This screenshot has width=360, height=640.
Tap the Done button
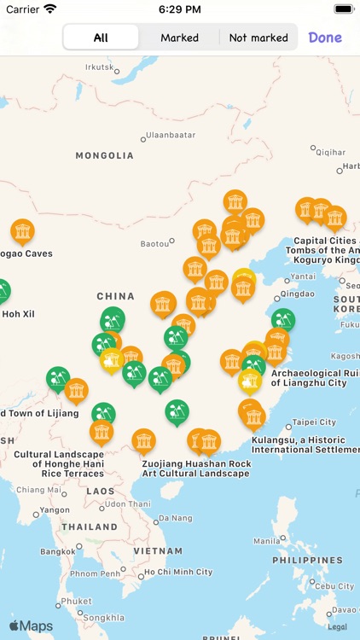coord(325,38)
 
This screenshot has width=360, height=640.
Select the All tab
coord(101,38)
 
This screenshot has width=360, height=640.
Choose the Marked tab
coord(179,38)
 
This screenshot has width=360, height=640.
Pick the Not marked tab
coord(258,38)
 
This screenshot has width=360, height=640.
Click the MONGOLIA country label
coord(105,155)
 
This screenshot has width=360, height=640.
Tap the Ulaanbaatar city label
coord(170,135)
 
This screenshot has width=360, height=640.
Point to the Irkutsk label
coord(99,67)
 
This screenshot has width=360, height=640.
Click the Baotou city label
coord(154,243)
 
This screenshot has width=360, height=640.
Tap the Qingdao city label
coord(297,293)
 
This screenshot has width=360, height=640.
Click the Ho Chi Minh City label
coord(177,572)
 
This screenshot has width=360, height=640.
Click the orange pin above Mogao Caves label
coord(23,231)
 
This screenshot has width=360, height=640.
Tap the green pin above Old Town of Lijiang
coord(58,378)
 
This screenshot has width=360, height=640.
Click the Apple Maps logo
coord(31,625)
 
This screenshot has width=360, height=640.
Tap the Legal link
coord(340,626)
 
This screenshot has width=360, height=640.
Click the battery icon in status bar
coord(343,9)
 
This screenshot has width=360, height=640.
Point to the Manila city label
coord(266,541)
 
